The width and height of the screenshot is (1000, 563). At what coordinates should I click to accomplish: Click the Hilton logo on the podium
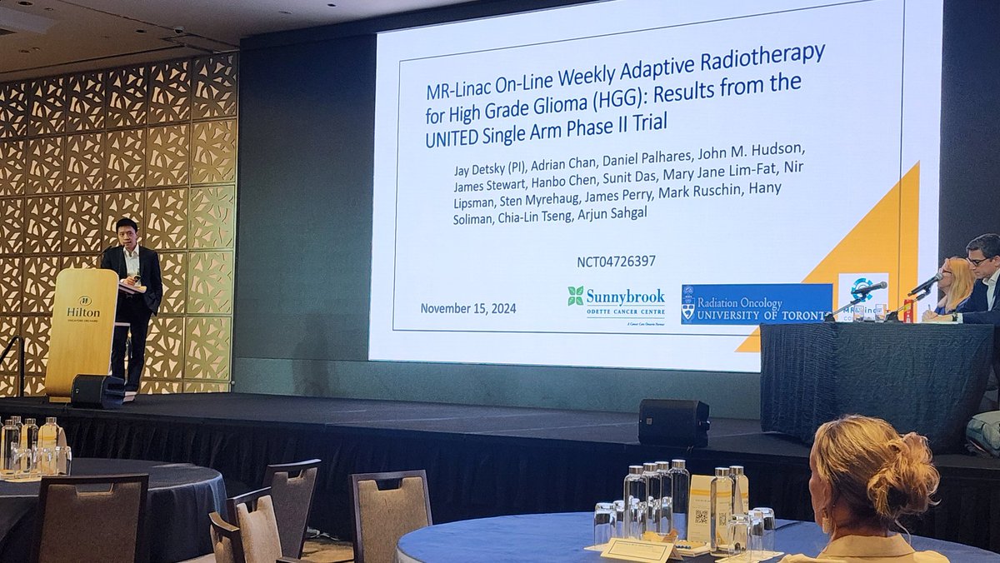[83, 306]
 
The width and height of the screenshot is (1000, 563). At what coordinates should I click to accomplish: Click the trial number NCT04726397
[616, 262]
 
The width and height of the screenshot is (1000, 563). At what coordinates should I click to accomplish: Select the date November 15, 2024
[467, 308]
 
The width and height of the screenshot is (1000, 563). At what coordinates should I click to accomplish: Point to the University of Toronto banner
[756, 303]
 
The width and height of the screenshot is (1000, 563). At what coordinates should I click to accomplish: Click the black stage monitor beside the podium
[97, 391]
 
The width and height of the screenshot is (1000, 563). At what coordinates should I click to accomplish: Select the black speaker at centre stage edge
[673, 421]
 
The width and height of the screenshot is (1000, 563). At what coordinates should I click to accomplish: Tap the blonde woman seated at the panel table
[952, 287]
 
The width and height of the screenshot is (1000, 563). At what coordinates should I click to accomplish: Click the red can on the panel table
[908, 310]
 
